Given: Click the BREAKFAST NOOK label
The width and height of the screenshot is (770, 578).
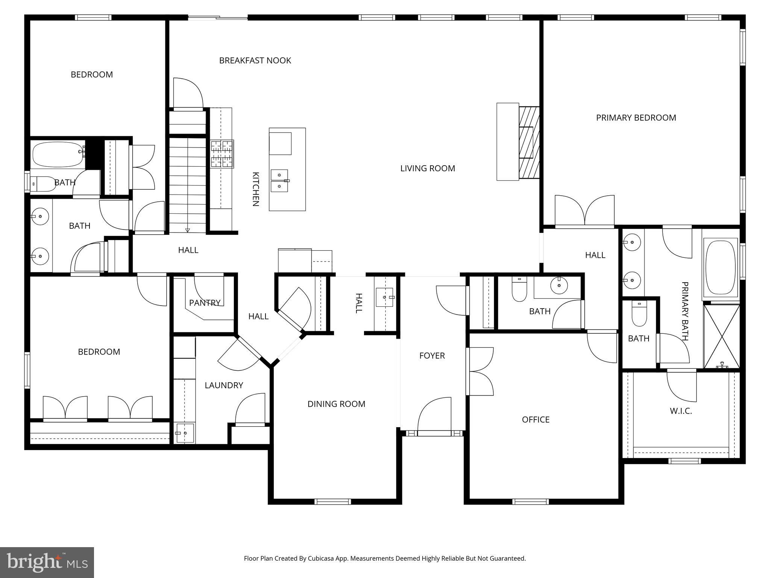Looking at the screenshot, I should pos(255,61).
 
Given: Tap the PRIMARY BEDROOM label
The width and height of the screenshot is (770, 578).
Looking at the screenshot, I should pos(636,118).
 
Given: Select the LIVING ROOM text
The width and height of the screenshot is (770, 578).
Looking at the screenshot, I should pos(427,169).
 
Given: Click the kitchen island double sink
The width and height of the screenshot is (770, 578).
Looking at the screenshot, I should pos(280,181).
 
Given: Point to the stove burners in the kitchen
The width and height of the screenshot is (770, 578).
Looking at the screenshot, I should pos(222,154).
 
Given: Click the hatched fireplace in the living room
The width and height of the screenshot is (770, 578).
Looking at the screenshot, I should pos(529,143).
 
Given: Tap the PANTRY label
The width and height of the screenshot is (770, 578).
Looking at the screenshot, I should pos(205,303).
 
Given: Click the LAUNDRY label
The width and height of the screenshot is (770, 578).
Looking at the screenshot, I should pos(224,385).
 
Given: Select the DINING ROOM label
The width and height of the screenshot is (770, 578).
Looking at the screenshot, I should pos(336,404).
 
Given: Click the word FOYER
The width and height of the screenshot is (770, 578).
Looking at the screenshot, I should pos(432,356).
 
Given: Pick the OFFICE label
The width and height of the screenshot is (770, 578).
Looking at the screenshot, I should pos(535,420).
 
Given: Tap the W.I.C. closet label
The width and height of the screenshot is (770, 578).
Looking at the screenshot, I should pos(681,411).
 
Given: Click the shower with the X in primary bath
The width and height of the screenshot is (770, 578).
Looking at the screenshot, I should pos(721,336).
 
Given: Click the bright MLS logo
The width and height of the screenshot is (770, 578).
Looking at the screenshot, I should pos(47,562).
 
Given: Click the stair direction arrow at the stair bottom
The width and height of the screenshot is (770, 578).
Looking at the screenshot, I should pos(188,230).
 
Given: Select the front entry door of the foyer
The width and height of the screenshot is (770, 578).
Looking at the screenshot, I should pos(434,433).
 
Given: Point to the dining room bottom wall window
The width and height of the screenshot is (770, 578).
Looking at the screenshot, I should pos(332,501).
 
